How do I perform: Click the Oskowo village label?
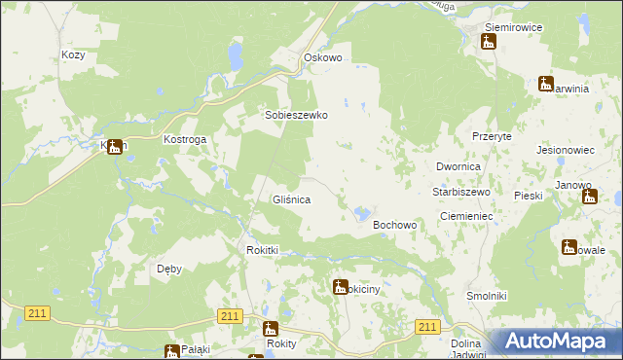click(x=323, y=58)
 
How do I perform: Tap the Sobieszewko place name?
click(x=297, y=115)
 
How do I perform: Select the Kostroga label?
click(x=184, y=140)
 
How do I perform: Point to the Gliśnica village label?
click(x=291, y=199)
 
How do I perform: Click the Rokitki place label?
click(x=262, y=250)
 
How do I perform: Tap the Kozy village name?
click(x=73, y=55)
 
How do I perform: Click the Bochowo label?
click(x=395, y=225)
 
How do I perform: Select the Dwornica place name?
click(x=459, y=167)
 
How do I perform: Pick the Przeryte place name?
click(x=492, y=137)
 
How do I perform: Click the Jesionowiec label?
click(x=566, y=151)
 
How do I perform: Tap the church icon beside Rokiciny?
click(x=340, y=286)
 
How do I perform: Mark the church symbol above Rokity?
click(x=271, y=329)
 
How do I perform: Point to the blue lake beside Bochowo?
click(x=362, y=212)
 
